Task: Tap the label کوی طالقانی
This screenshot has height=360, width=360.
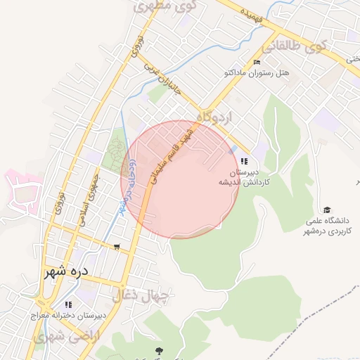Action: pyautogui.click(x=294, y=49)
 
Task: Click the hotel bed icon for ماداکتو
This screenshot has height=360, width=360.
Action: pyautogui.click(x=246, y=62)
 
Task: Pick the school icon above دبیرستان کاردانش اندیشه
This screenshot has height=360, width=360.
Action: pyautogui.click(x=244, y=161)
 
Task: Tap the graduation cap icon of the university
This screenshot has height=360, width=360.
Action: pyautogui.click(x=326, y=210)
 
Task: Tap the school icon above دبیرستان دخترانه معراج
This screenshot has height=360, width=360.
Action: pyautogui.click(x=68, y=304)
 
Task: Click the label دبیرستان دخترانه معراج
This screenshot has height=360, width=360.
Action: pyautogui.click(x=68, y=316)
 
